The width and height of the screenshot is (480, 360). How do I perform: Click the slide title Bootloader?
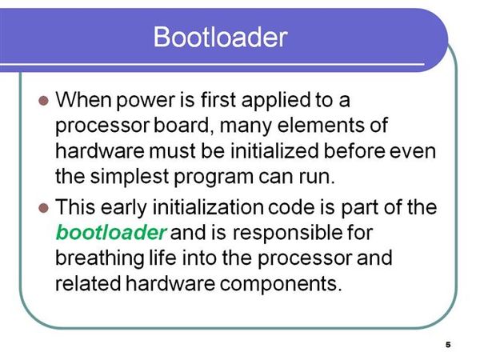[221, 37]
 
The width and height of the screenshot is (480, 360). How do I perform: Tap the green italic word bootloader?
[111, 233]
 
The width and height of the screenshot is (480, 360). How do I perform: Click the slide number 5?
[448, 345]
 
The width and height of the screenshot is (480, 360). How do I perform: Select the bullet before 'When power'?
[44, 101]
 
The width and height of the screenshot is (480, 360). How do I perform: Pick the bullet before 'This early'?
[44, 208]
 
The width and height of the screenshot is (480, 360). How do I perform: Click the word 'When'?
[83, 100]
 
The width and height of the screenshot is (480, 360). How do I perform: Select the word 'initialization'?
[208, 207]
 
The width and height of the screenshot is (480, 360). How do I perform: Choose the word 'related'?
[88, 283]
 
